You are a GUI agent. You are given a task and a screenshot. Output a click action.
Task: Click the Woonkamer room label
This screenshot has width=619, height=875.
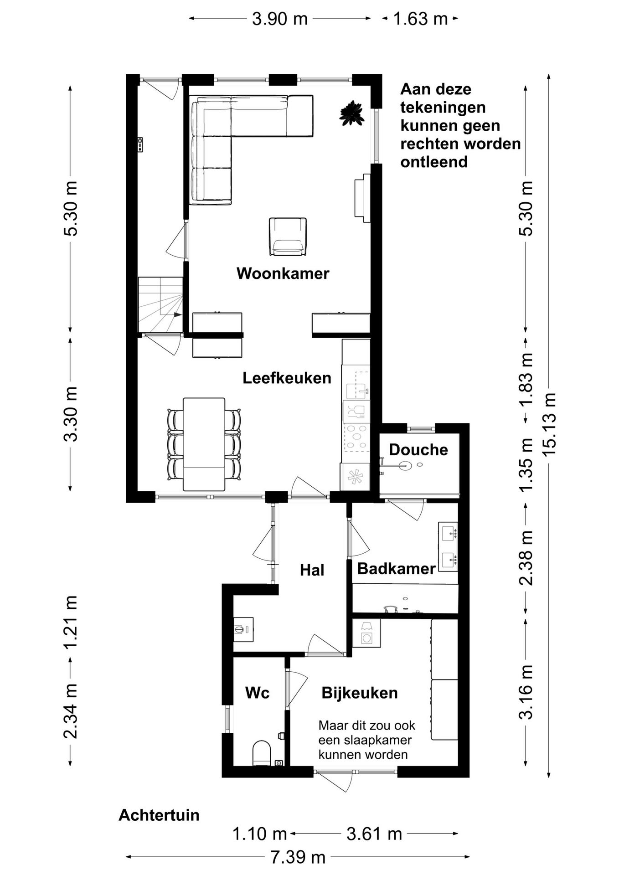click(x=283, y=273)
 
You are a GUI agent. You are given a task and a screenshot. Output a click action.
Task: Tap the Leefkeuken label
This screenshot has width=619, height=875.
click(x=287, y=378)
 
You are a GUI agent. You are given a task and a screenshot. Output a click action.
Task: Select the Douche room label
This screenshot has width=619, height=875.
click(x=418, y=450)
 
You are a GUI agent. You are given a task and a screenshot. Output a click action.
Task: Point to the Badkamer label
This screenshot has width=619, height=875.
click(x=397, y=568)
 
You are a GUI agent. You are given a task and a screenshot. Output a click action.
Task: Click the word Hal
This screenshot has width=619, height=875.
click(x=312, y=570)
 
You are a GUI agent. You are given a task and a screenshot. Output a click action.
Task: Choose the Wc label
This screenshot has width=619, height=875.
click(x=258, y=693)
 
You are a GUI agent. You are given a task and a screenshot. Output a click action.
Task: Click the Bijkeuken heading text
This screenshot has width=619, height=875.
click(x=360, y=693)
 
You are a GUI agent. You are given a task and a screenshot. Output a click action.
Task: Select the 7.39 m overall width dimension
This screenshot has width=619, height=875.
click(x=298, y=857)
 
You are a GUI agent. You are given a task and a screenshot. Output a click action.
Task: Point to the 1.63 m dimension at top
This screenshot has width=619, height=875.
click(x=420, y=19)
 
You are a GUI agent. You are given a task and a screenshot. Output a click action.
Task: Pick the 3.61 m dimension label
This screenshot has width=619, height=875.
click(x=374, y=834)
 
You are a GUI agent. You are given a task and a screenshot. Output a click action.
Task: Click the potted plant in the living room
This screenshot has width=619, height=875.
click(x=351, y=113)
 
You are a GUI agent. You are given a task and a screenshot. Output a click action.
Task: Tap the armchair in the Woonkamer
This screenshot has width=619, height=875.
click(x=288, y=237)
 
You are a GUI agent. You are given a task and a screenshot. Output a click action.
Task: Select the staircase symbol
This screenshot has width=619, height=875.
click(x=160, y=304)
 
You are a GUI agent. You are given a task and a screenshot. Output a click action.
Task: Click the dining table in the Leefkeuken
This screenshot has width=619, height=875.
click(x=204, y=444)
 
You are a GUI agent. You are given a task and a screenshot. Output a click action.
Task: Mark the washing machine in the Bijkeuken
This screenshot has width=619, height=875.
click(x=366, y=633)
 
